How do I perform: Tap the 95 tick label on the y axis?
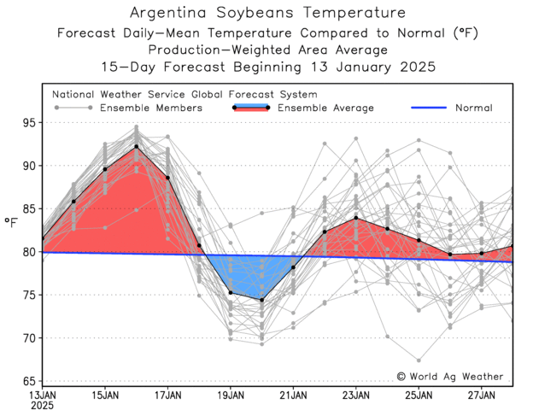tap(29, 123)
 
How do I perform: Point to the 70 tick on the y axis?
tap(29, 338)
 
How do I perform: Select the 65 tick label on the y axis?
tap(29, 381)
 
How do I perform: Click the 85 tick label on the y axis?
tap(29, 209)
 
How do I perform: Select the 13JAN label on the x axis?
tap(43, 395)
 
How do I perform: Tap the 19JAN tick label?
tap(231, 395)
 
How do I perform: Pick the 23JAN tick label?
tap(356, 395)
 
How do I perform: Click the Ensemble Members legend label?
tap(151, 108)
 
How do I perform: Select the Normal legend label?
tap(473, 108)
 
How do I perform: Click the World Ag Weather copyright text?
tap(450, 377)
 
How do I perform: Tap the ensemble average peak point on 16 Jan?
tap(137, 147)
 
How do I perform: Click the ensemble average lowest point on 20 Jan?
tap(262, 300)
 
